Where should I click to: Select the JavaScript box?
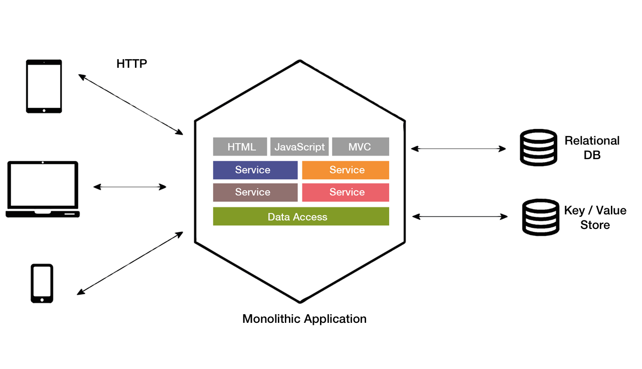click(299, 147)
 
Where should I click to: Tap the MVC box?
click(360, 147)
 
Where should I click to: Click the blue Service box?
click(255, 170)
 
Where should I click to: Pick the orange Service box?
click(346, 170)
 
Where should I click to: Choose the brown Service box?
click(255, 192)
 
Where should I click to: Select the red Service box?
click(346, 192)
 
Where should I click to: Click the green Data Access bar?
click(301, 216)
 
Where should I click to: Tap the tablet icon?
click(44, 86)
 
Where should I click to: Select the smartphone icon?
click(42, 283)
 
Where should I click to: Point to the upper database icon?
click(538, 148)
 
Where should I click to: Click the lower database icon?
click(540, 217)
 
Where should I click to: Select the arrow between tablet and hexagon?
click(130, 104)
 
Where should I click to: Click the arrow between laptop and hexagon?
click(129, 187)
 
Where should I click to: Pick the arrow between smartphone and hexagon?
click(130, 263)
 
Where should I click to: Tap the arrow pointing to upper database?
click(458, 149)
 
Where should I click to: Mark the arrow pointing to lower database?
click(459, 217)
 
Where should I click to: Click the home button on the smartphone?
click(42, 300)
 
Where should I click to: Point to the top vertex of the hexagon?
click(300, 61)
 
